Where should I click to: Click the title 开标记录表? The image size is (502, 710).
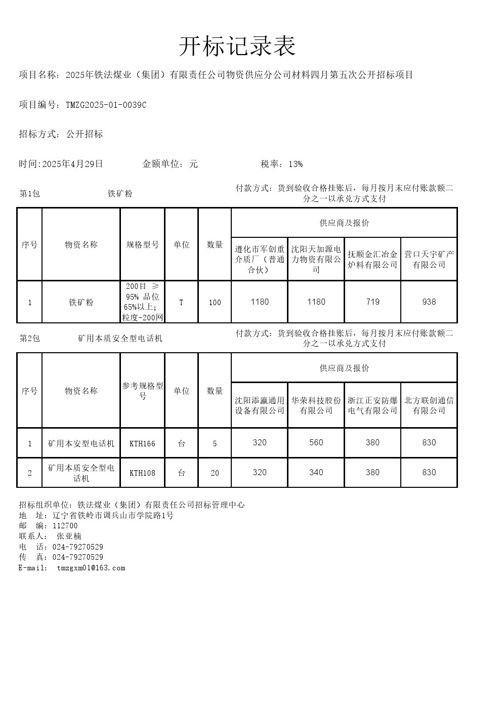[x=237, y=47]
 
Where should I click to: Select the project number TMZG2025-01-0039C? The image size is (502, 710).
[x=106, y=105]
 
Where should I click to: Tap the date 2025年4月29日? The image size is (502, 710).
[x=72, y=164]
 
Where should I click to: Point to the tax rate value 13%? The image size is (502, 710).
[x=296, y=164]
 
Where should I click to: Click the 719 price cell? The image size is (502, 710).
[x=372, y=302]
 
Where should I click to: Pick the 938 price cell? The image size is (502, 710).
[x=429, y=302]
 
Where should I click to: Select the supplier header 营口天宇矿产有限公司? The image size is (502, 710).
[x=429, y=259]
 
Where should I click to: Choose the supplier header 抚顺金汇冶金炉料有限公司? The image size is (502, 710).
[x=372, y=259]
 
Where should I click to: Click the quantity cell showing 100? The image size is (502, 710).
[x=215, y=303]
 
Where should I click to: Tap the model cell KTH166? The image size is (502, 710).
[x=142, y=444]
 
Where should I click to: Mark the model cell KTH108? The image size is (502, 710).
[x=142, y=473]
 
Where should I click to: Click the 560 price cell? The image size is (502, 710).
[x=316, y=443]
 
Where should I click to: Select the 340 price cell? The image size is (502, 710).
[x=316, y=473]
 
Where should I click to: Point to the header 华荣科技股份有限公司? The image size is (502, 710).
[x=316, y=405]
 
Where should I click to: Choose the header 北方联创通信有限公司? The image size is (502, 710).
[x=429, y=405]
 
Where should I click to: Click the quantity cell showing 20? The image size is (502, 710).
[x=215, y=473]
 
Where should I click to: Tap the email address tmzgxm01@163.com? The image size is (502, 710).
[x=91, y=568]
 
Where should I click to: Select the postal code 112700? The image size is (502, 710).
[x=65, y=526]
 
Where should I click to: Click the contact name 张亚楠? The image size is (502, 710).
[x=69, y=536]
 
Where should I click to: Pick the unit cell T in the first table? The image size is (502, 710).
[x=181, y=303]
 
